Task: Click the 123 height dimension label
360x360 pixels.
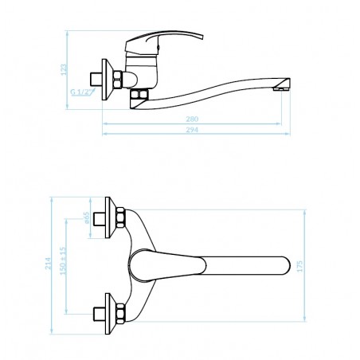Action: coord(64,69)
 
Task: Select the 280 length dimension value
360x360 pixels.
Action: coord(192,119)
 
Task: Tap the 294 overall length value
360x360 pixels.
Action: coord(192,130)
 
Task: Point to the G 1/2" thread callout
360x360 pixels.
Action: coord(82,92)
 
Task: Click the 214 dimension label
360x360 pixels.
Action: coord(48,264)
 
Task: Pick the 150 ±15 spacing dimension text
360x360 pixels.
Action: coord(63,261)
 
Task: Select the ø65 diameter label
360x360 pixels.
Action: coord(87,217)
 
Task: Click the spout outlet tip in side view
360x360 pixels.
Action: coord(281,87)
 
